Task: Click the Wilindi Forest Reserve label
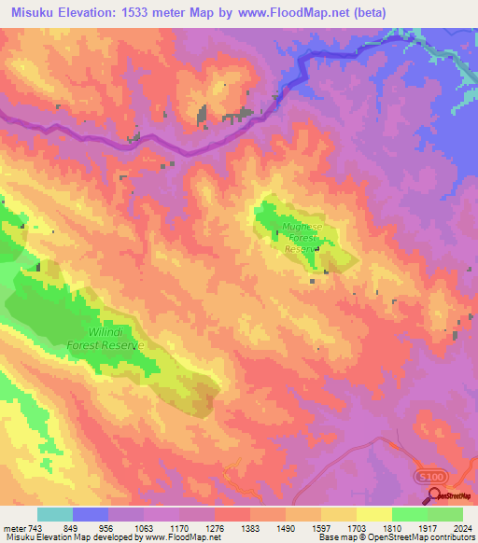106,338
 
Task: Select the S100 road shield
429,477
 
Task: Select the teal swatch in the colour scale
55,514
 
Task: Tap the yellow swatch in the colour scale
373,514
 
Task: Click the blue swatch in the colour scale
91,514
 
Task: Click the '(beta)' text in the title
370,14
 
